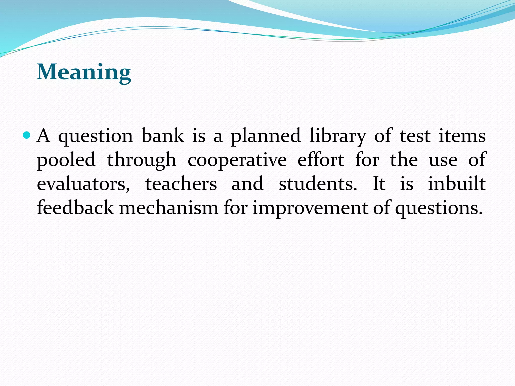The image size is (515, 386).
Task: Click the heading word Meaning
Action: click(84, 72)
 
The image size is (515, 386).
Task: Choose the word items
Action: click(462, 136)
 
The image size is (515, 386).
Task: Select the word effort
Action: click(321, 160)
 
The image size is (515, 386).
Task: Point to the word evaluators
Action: click(83, 184)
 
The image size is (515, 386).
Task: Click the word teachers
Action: click(181, 184)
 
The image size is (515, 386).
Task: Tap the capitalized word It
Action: click(379, 184)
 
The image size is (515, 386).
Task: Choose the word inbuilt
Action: click(457, 184)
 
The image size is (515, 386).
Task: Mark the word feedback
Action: click(75, 208)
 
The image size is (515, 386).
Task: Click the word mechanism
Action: click(169, 208)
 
